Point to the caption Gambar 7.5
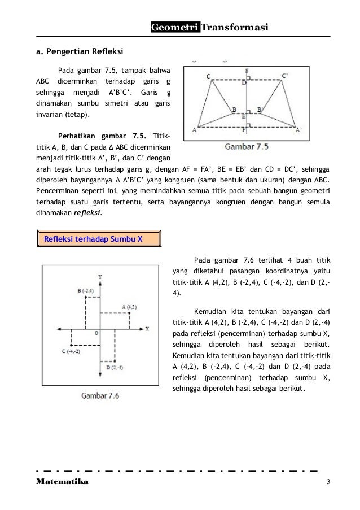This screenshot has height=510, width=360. (247, 148)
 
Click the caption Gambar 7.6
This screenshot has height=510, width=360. (100, 395)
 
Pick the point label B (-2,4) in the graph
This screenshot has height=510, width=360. (86, 291)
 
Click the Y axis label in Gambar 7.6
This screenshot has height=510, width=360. (100, 277)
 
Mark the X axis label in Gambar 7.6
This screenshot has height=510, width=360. (147, 328)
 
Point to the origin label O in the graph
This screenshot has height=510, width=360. (96, 334)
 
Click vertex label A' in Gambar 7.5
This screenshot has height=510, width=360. (299, 130)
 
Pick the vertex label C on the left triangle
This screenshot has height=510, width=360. (208, 76)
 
